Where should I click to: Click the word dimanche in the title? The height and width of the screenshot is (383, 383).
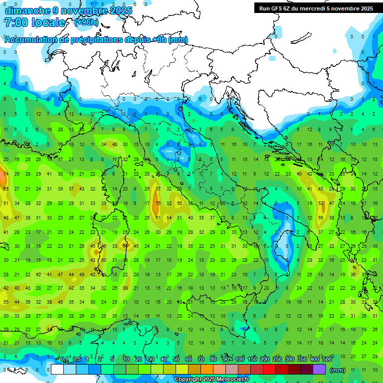pyautogui.click(x=25, y=10)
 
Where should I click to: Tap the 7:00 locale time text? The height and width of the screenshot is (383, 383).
pyautogui.click(x=34, y=22)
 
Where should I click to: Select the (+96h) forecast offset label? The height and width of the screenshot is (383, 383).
pyautogui.click(x=86, y=22)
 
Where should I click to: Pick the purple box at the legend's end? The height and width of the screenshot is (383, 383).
pyautogui.click(x=319, y=370)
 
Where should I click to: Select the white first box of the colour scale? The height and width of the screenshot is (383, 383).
pyautogui.click(x=57, y=370)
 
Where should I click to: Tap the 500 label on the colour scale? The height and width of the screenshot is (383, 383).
pyautogui.click(x=327, y=360)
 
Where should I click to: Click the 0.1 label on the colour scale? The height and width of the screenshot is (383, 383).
pyautogui.click(x=64, y=360)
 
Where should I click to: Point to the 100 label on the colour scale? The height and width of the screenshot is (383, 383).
pyautogui.click(x=240, y=360)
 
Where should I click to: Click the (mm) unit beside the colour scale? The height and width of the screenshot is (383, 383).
pyautogui.click(x=338, y=370)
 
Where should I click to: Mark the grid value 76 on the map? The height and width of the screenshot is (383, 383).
pyautogui.click(x=158, y=203)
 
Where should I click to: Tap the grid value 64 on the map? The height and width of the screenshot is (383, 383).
pyautogui.click(x=126, y=246)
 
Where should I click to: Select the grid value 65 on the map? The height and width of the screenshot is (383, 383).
pyautogui.click(x=6, y=189)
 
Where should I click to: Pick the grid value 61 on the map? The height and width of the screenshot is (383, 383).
pyautogui.click(x=158, y=218)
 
